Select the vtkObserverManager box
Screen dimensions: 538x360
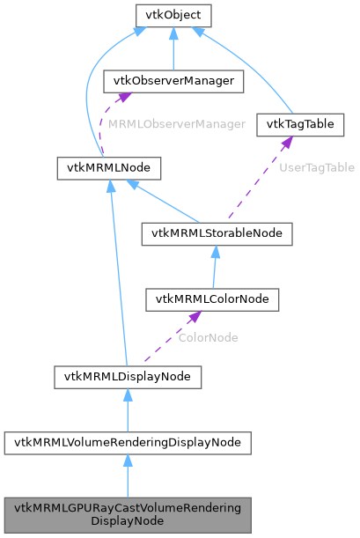[x=173, y=81]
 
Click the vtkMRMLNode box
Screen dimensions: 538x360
[x=95, y=166]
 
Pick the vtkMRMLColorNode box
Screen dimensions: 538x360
[x=212, y=299]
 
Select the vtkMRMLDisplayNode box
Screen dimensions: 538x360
[x=128, y=377]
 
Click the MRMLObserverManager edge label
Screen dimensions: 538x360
[x=177, y=124]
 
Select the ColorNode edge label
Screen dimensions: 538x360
[x=209, y=337]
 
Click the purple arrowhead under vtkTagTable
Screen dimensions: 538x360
[x=287, y=142]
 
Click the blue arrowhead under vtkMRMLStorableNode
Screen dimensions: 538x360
[x=214, y=251]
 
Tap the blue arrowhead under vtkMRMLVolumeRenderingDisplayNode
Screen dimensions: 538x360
[x=128, y=461]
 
